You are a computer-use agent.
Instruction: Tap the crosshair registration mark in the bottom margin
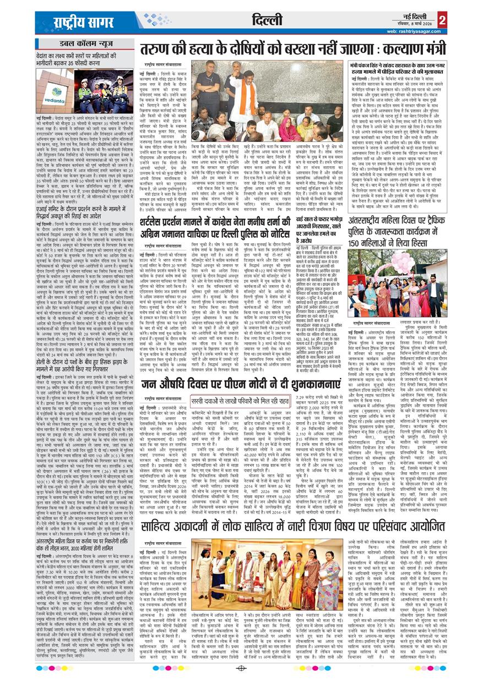coord(241,668)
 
